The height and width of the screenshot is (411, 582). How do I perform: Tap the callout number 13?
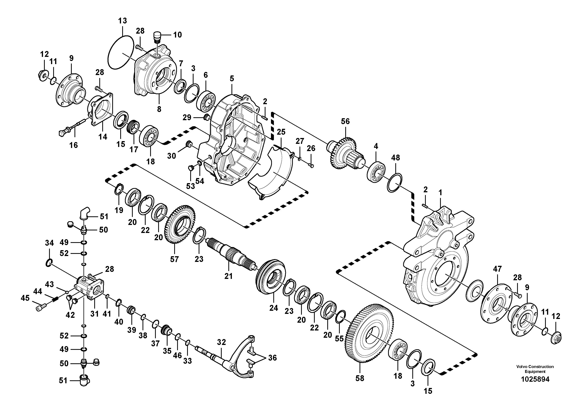[x=122, y=21]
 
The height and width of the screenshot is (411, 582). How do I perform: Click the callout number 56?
[x=345, y=121]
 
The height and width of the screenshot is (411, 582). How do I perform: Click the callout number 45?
[x=25, y=298]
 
